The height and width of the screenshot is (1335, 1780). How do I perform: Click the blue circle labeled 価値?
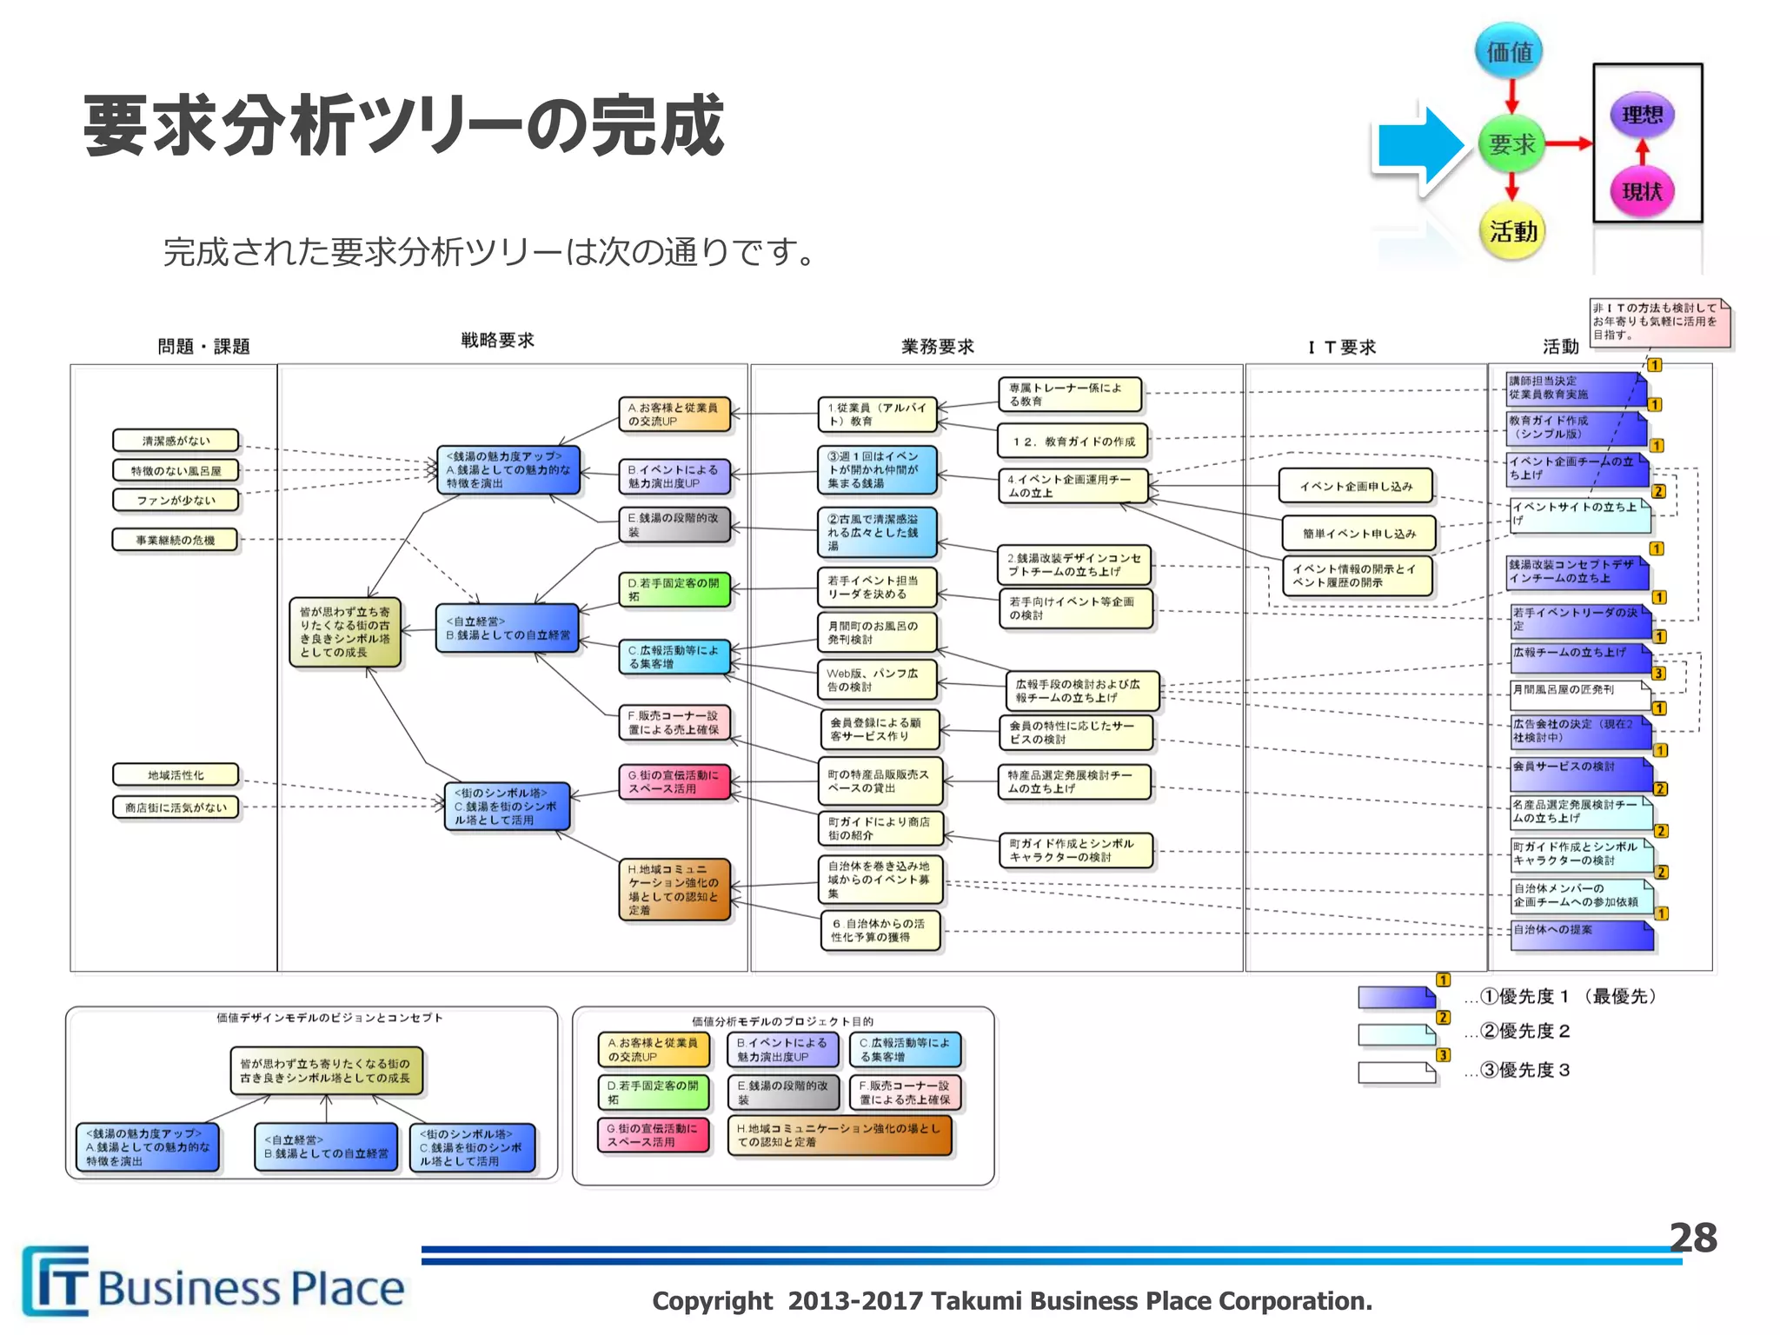[1510, 51]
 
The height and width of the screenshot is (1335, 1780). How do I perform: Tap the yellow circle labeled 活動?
[1512, 231]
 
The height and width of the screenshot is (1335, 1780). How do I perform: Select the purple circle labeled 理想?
[1642, 115]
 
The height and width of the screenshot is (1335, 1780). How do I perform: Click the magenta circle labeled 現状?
[1642, 191]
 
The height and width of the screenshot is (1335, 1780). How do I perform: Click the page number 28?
[1692, 1238]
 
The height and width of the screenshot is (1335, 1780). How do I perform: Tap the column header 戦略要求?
[497, 340]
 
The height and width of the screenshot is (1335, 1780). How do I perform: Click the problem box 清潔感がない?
[176, 441]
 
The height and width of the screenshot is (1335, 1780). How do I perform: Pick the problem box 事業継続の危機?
[176, 540]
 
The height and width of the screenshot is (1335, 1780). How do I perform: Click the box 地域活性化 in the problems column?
[176, 774]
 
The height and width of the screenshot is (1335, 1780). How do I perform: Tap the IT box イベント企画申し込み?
[1356, 486]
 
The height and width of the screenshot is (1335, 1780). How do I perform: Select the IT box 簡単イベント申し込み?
[1358, 534]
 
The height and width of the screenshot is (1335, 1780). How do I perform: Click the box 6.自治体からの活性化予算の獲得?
[880, 930]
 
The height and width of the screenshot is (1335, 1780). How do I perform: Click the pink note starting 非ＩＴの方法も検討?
[1658, 322]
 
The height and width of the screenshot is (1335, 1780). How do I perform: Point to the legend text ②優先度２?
[1524, 1031]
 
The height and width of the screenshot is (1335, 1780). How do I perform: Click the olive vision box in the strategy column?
[345, 632]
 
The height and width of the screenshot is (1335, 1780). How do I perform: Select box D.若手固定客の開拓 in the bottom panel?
[654, 1092]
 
